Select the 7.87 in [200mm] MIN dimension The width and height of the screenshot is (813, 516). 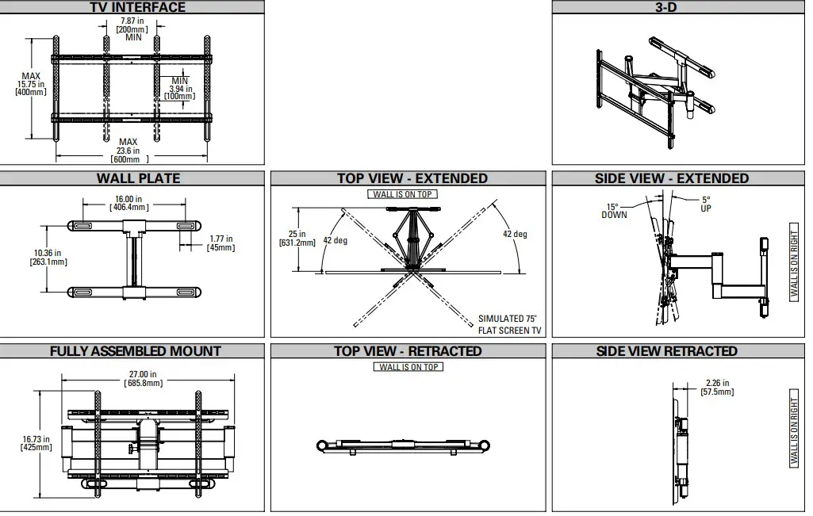(132, 29)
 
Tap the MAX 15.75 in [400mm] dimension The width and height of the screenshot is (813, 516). (31, 84)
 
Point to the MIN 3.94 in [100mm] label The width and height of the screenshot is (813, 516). (180, 89)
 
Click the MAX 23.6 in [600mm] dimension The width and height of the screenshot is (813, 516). (128, 151)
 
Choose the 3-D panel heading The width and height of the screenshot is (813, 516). (677, 7)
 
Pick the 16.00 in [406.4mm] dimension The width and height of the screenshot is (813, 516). (128, 203)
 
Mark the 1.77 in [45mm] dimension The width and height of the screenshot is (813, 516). (221, 243)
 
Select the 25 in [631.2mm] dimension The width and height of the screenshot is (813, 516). (298, 239)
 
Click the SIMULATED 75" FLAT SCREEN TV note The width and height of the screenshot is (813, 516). (510, 324)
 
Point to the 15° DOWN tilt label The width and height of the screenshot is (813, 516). (614, 211)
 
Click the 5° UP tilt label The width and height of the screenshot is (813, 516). (706, 204)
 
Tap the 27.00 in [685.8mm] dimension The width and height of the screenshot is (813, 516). (143, 378)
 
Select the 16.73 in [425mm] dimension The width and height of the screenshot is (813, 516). (36, 443)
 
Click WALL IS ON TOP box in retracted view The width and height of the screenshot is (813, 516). (408, 367)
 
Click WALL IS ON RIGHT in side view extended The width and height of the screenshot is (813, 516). (795, 262)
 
